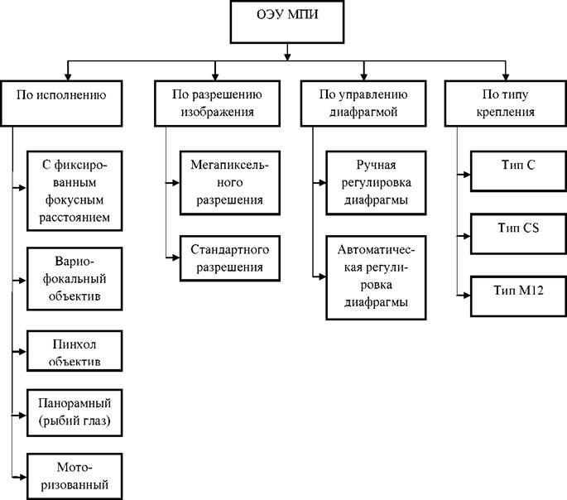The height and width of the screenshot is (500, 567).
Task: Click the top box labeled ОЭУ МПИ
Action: [x=286, y=22]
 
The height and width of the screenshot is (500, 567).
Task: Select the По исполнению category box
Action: [x=61, y=103]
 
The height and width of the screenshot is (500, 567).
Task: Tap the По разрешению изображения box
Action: [x=218, y=103]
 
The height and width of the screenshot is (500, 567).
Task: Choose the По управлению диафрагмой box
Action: [x=363, y=103]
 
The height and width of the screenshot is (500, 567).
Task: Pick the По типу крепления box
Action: [x=506, y=103]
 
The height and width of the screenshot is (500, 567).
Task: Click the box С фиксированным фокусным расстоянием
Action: [x=74, y=191]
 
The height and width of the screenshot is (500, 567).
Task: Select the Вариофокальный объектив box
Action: [x=74, y=279]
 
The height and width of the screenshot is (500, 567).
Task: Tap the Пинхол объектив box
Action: [x=74, y=351]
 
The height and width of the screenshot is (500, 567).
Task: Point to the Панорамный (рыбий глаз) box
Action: [x=74, y=413]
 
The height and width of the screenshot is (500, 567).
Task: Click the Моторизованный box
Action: [x=74, y=477]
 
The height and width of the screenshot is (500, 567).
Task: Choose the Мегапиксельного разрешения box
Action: [x=230, y=183]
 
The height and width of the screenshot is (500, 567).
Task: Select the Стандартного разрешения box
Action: [x=230, y=258]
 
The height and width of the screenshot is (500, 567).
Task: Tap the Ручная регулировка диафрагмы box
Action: [x=376, y=183]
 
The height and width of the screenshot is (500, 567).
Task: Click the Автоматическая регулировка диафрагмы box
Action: [x=376, y=277]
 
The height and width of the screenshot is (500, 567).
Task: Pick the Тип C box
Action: [x=518, y=171]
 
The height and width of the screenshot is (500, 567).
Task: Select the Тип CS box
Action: [x=518, y=234]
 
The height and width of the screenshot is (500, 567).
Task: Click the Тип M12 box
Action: [x=518, y=296]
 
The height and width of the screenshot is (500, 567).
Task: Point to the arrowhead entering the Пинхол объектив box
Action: [x=23, y=352]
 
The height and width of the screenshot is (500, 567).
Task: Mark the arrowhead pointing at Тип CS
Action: [x=466, y=236]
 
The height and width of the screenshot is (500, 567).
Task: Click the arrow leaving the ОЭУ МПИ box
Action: [x=287, y=52]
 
